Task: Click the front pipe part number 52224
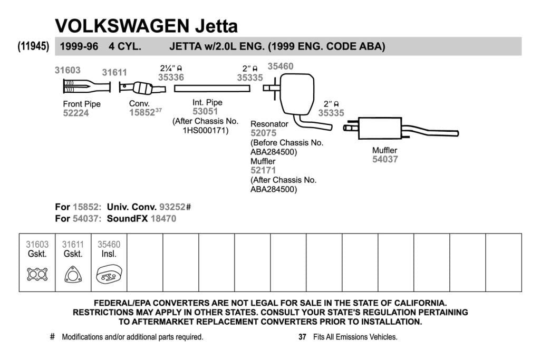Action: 76,113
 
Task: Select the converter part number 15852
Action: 142,113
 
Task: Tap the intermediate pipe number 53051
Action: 205,112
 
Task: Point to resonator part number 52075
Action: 264,133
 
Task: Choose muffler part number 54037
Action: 385,159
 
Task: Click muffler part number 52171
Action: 264,170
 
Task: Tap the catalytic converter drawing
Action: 142,88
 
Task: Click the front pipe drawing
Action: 87,86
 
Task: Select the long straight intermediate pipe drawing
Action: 212,89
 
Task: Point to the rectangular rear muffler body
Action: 380,129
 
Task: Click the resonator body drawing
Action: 297,94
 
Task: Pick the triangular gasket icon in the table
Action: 73,275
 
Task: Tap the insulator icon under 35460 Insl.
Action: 109,274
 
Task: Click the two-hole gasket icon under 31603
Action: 37,274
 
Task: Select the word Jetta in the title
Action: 217,26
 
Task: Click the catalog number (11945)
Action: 33,46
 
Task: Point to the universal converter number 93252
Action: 172,207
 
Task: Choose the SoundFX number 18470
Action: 163,219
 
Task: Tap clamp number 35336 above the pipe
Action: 171,77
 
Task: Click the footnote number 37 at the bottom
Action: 302,337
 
